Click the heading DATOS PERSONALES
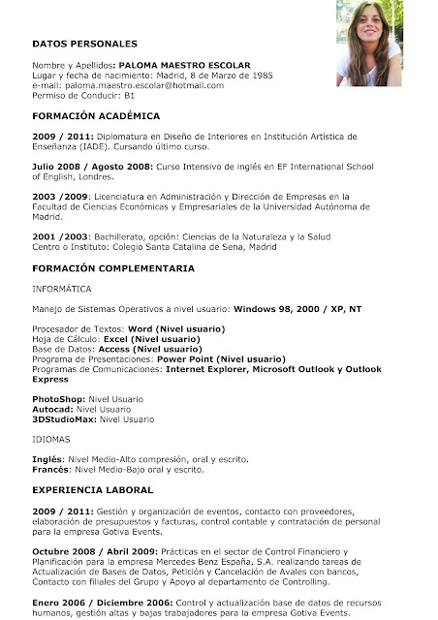point(84,44)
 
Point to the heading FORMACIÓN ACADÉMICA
point(96,115)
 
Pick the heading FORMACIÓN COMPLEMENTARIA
point(112,267)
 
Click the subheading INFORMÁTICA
point(62,289)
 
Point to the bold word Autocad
point(51,409)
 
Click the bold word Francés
point(50,469)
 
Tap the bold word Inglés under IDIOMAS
point(47,459)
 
